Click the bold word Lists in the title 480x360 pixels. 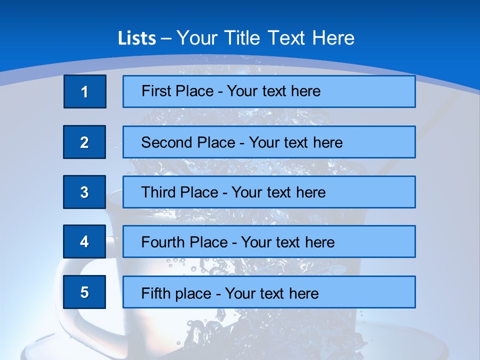pos(137,38)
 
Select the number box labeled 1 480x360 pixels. pos(85,91)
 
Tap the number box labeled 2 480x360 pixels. pos(84,142)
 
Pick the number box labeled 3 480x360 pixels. pos(84,192)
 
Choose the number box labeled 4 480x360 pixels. pos(84,242)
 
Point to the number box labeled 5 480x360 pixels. pos(84,292)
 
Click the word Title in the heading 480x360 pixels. pos(244,38)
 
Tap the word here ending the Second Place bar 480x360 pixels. pos(328,142)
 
